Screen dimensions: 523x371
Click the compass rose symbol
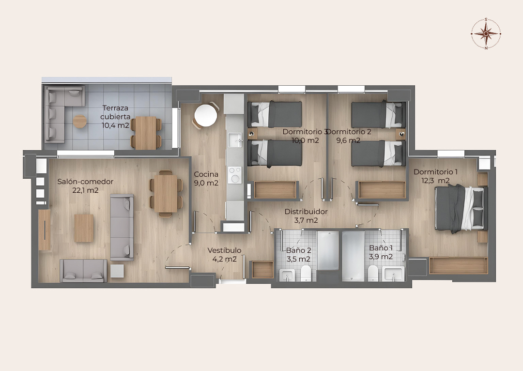point(486,33)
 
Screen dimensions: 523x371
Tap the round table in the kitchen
point(206,115)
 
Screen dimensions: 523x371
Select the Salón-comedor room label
point(85,182)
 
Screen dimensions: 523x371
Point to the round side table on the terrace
point(80,122)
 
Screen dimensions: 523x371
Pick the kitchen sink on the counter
point(235,140)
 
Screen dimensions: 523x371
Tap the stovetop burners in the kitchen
point(235,175)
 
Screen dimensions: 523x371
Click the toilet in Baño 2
point(306,274)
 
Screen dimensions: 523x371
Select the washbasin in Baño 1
point(393,274)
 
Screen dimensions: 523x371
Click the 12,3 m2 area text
point(436,181)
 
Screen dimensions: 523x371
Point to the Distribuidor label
point(306,212)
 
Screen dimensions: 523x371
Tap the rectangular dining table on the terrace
point(146,133)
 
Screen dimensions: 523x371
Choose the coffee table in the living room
point(84,228)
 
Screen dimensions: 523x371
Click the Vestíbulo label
point(224,250)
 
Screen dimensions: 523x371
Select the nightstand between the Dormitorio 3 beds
point(252,133)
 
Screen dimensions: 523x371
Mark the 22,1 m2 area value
point(85,190)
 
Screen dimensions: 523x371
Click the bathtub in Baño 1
point(353,256)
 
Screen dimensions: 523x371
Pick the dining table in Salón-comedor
point(166,194)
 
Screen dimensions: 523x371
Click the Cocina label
point(206,174)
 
